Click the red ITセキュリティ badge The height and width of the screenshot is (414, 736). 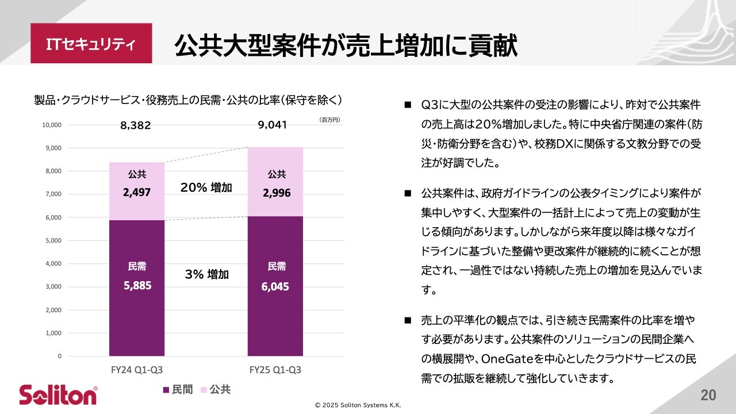[x=91, y=44]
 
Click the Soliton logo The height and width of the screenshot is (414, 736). [x=58, y=395]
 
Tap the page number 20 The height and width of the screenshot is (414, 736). [x=708, y=395]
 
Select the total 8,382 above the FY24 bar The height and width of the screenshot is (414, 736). [x=136, y=125]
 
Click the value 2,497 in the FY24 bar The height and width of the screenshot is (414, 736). [x=137, y=193]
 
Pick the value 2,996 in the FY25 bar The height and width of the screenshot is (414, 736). [x=277, y=193]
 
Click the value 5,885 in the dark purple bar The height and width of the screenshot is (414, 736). [x=137, y=285]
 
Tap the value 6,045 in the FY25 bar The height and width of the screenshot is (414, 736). [x=275, y=286]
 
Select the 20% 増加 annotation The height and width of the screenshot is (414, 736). [x=206, y=187]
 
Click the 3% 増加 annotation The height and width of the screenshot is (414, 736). [x=206, y=274]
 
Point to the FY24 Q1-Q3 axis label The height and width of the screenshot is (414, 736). [x=136, y=370]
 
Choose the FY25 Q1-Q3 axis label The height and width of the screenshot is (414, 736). [x=275, y=370]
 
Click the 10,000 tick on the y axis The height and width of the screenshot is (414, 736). [x=51, y=125]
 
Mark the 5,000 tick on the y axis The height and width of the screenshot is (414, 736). [x=53, y=240]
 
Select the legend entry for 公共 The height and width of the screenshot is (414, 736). [x=216, y=390]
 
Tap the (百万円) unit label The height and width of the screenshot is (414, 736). [x=329, y=120]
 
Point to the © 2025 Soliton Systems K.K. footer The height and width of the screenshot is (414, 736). [x=358, y=405]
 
